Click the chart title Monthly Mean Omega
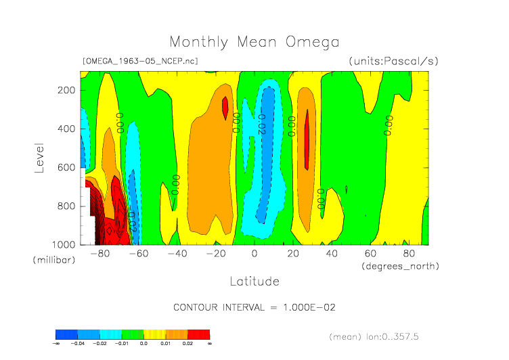click(x=254, y=42)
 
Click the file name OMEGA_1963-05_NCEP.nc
click(x=140, y=61)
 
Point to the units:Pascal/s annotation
click(x=394, y=61)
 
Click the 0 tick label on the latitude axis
click(x=255, y=254)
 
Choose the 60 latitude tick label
click(x=370, y=254)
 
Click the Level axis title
click(x=39, y=156)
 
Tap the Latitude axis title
click(x=254, y=281)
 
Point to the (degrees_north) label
click(x=401, y=266)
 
